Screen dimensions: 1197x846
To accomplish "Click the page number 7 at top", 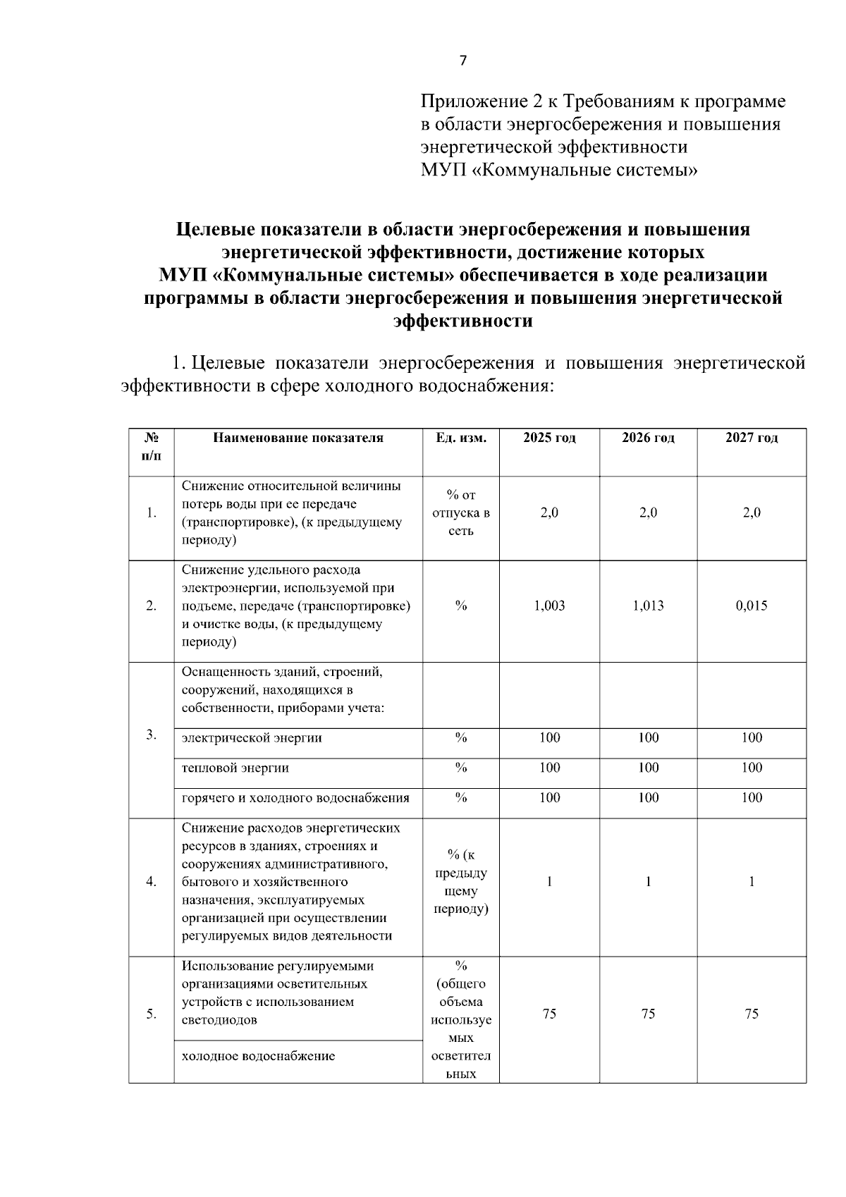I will [x=462, y=61].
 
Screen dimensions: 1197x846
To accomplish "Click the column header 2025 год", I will [x=549, y=438].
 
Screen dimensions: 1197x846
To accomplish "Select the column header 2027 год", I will [x=752, y=438].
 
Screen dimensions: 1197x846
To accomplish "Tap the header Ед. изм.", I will [x=461, y=438].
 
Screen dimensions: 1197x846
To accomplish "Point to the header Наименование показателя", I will [x=298, y=438].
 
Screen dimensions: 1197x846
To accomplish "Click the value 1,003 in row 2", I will [x=549, y=606].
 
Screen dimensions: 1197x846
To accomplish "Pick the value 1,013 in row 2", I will [x=648, y=606].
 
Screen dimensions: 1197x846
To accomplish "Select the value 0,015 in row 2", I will [x=752, y=606].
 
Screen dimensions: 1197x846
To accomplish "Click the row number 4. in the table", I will [x=151, y=882].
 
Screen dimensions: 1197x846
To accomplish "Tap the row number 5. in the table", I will [x=151, y=1014].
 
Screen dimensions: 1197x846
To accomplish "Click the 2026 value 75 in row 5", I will [x=648, y=1014].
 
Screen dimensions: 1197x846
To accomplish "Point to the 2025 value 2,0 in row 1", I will [x=549, y=513].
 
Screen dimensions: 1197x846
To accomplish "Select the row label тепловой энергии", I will [x=235, y=768].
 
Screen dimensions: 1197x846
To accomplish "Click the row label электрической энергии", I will [x=252, y=738].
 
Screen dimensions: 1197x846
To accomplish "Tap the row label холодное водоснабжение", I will [x=258, y=1056].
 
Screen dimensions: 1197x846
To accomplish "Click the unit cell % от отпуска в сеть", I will [x=461, y=513].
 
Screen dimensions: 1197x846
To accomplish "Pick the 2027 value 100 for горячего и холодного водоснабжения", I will [x=752, y=798].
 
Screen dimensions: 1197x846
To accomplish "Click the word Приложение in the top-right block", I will [x=472, y=102].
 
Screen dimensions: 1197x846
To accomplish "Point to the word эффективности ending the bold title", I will [x=462, y=321].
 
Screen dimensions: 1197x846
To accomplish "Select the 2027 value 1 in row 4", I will [x=752, y=882].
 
